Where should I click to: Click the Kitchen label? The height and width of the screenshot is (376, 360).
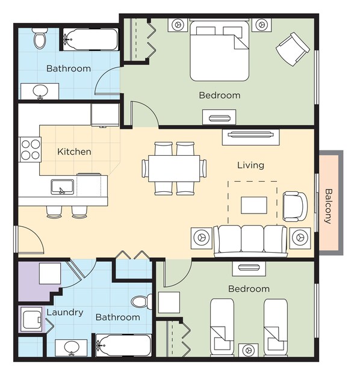click(74, 152)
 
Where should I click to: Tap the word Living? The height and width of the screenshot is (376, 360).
click(250, 165)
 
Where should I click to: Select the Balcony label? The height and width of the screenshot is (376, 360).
click(328, 206)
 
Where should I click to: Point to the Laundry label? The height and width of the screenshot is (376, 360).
click(65, 312)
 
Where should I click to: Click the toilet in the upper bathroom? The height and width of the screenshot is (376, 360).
click(40, 39)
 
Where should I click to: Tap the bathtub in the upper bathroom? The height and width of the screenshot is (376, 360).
click(90, 40)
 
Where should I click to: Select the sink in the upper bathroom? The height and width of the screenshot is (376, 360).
click(40, 91)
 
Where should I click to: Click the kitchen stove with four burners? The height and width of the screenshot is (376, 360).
click(30, 150)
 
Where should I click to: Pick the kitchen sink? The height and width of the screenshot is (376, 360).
click(63, 187)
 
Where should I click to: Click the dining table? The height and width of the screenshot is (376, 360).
click(174, 168)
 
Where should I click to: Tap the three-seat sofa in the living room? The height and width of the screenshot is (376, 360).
click(250, 241)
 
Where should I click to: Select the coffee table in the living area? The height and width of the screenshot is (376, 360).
click(254, 205)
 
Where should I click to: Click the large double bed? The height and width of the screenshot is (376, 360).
click(219, 51)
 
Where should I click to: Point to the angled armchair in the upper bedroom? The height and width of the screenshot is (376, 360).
click(293, 49)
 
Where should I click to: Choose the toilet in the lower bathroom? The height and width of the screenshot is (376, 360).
click(141, 301)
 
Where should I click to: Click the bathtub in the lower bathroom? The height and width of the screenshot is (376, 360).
click(123, 345)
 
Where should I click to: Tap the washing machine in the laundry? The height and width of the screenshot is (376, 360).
click(31, 319)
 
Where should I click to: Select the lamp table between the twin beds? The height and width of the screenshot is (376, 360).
click(249, 351)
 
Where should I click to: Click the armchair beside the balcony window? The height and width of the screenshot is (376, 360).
click(295, 206)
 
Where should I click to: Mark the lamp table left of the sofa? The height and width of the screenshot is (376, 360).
click(201, 238)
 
